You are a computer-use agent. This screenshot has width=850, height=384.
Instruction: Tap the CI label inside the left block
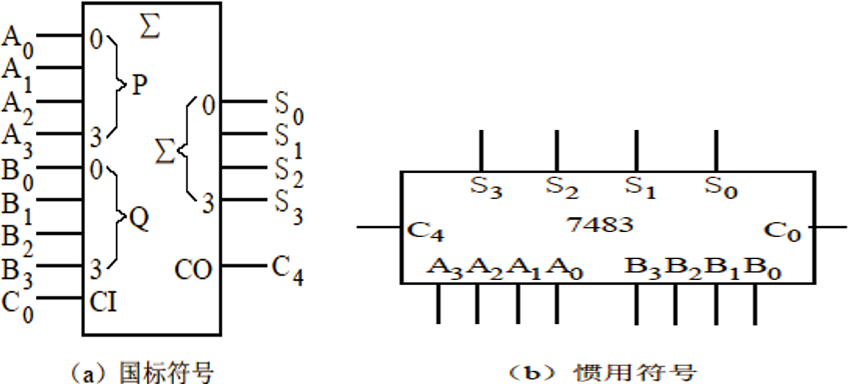coord(103,303)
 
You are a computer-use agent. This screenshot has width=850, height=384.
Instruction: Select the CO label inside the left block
coord(193,270)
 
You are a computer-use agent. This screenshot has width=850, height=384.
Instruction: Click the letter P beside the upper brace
coord(138,86)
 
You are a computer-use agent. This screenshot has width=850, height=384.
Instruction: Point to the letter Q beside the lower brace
coord(139,220)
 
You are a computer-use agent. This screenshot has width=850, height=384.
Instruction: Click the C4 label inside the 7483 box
coord(424,231)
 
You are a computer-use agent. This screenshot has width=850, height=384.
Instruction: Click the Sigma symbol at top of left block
coord(149,27)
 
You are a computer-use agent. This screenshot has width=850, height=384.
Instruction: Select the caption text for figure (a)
coord(141,374)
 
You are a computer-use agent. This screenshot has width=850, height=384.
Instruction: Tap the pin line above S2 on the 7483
coord(556,150)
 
